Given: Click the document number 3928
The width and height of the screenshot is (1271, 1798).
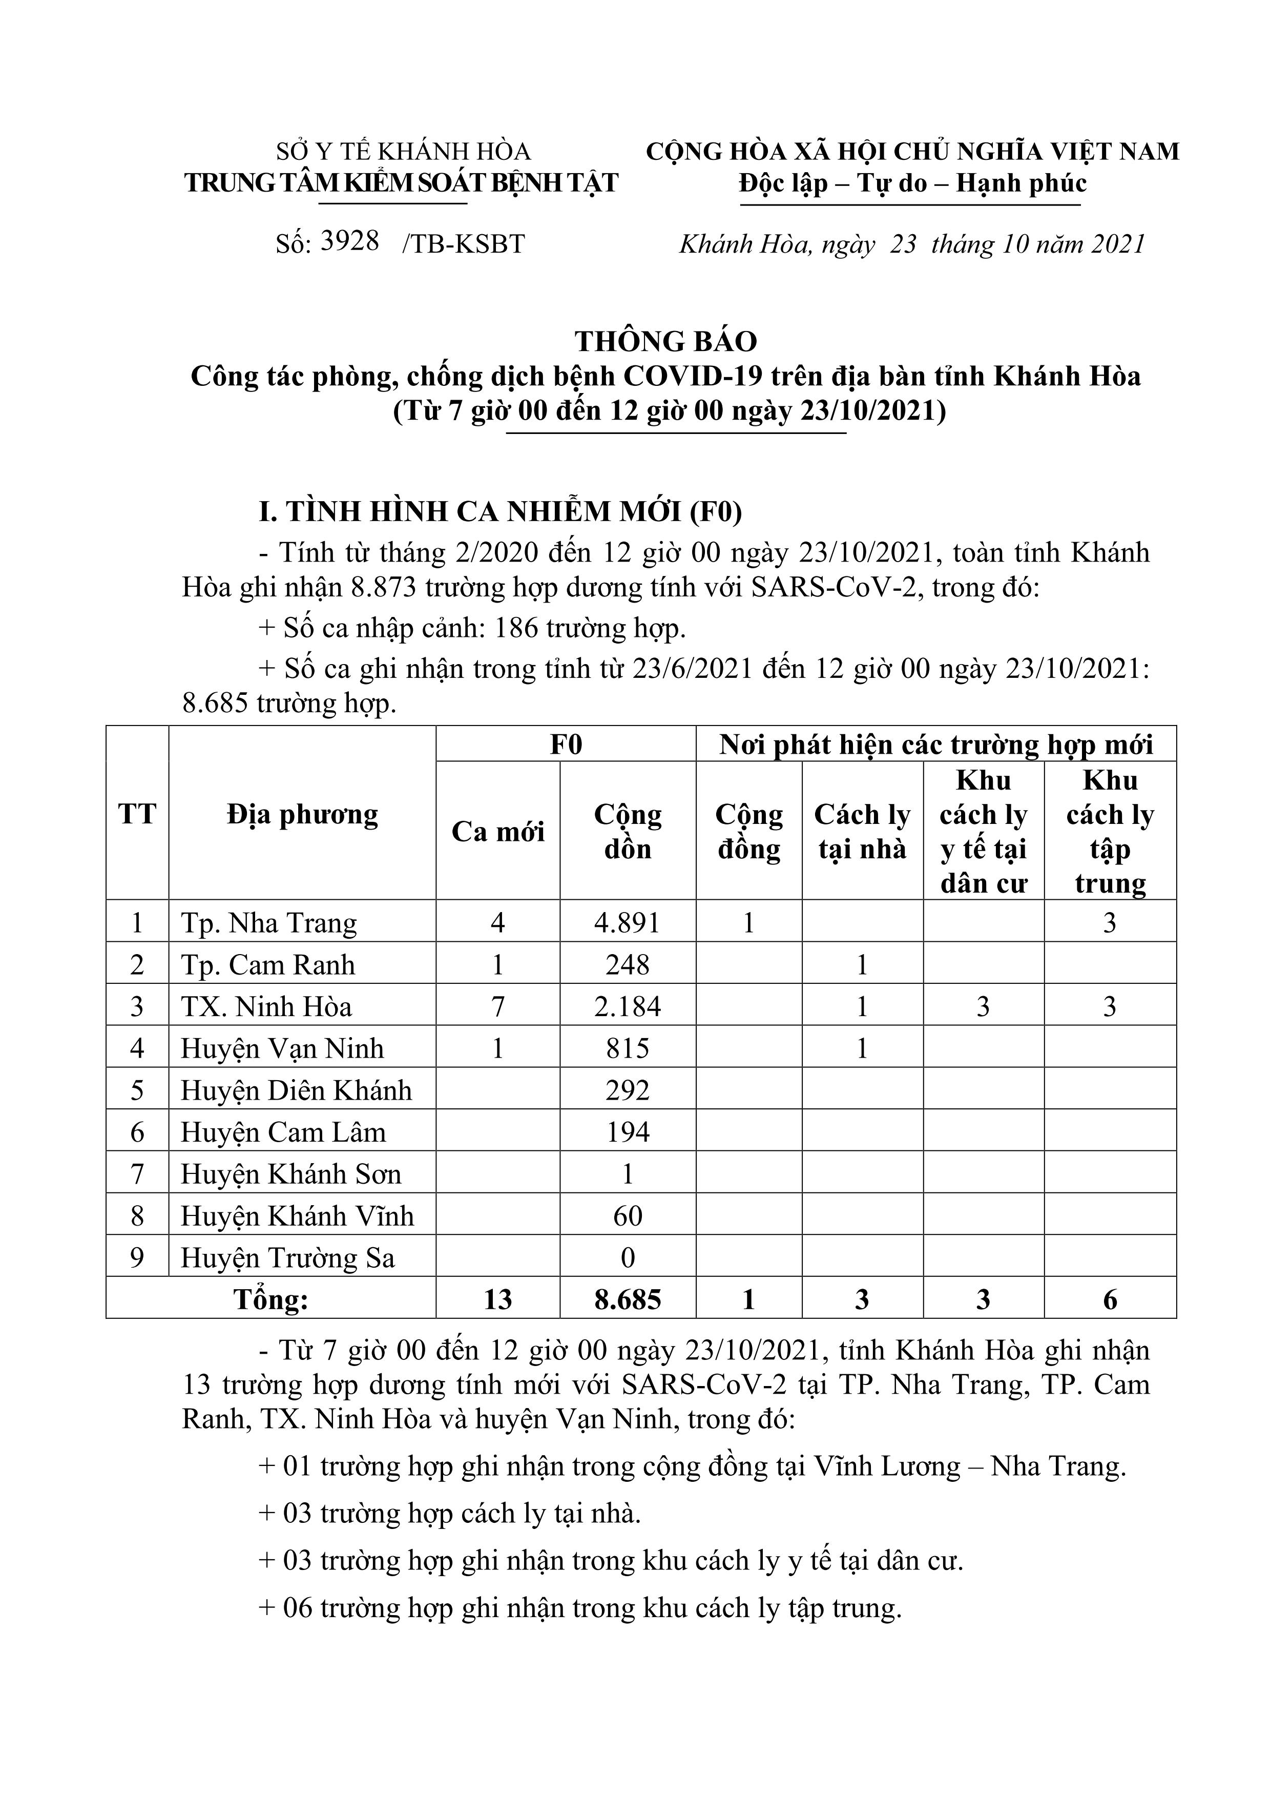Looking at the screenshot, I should (350, 241).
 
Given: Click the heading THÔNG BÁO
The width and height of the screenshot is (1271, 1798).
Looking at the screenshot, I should (665, 341).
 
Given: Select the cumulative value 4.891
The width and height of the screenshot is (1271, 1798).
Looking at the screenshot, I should (627, 923).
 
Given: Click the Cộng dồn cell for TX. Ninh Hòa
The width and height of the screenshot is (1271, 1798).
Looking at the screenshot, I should (627, 1007).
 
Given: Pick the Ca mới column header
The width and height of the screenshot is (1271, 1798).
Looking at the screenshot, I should (497, 832).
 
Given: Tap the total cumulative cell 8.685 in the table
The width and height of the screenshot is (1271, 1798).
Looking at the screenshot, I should (627, 1301).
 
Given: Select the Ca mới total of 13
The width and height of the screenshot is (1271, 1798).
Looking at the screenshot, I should (497, 1301).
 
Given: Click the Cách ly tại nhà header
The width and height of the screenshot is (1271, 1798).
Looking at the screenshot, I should (862, 832).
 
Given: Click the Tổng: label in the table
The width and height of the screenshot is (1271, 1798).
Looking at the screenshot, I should (271, 1301).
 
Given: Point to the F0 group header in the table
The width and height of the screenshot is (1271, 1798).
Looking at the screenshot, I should (566, 745).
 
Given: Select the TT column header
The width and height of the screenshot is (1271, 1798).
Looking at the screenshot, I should (137, 814).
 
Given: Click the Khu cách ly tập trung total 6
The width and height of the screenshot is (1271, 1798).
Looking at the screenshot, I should (1110, 1301).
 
